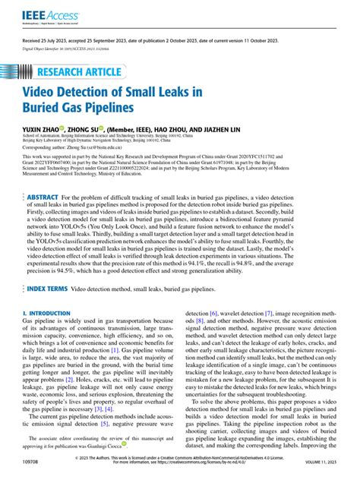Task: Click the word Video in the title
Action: [45, 93]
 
